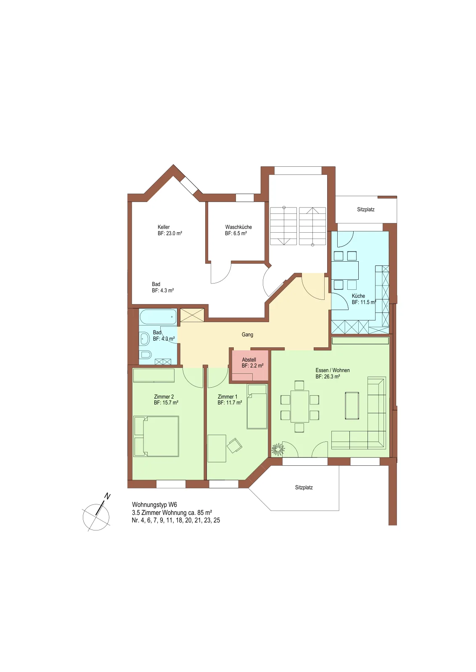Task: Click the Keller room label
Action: (x=164, y=227)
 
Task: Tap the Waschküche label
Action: (x=238, y=227)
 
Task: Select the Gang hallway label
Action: (x=247, y=334)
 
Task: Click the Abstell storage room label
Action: (x=249, y=360)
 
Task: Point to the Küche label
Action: (x=358, y=296)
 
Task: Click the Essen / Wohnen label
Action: (x=333, y=370)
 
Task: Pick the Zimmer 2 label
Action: (x=164, y=396)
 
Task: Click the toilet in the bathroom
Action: (x=145, y=355)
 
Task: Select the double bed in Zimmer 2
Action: (x=156, y=436)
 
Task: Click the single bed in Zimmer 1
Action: (x=257, y=407)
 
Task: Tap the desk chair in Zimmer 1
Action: (x=234, y=445)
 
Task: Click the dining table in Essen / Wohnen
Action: (x=299, y=406)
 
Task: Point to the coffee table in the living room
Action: (x=352, y=405)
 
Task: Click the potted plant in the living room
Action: (x=278, y=449)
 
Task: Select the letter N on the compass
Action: (x=107, y=496)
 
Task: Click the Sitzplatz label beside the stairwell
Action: (x=366, y=210)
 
